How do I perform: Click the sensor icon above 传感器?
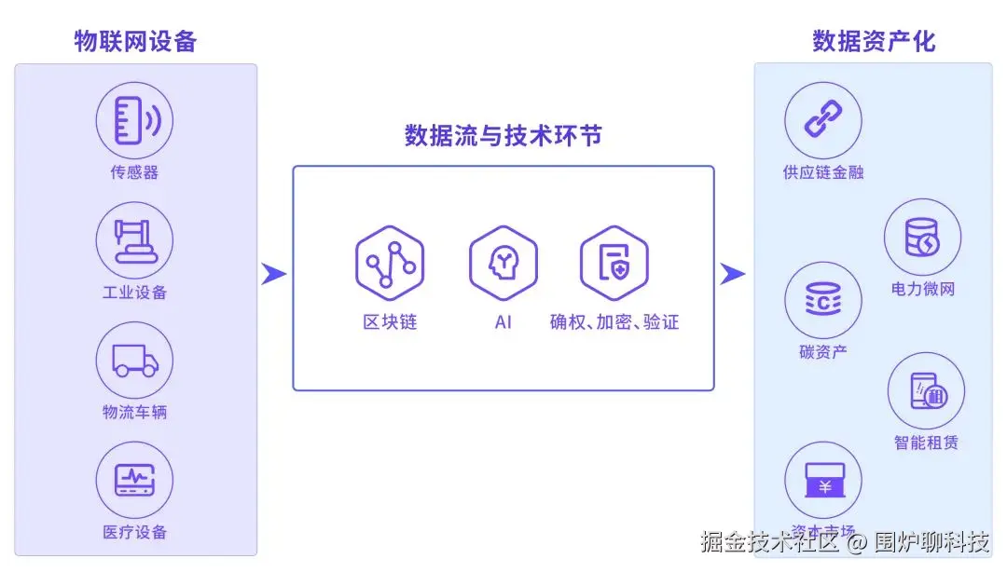[x=134, y=120]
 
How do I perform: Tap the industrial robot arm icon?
[x=134, y=240]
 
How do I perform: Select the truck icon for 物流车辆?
[x=134, y=361]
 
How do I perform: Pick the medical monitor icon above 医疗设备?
[x=134, y=480]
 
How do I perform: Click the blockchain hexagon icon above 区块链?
[x=390, y=262]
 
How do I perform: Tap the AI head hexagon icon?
[x=504, y=262]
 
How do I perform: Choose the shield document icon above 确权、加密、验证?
[x=614, y=262]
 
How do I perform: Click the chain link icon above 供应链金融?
[x=823, y=120]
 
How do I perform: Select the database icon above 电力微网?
[x=922, y=238]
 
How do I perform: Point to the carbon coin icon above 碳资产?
[x=823, y=300]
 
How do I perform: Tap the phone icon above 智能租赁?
[x=926, y=391]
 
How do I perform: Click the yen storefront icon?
[x=823, y=480]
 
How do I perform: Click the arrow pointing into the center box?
[x=273, y=274]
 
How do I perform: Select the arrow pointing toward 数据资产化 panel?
[x=733, y=274]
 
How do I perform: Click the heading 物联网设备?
[x=135, y=42]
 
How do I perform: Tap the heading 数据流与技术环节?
[x=504, y=136]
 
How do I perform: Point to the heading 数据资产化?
[x=874, y=42]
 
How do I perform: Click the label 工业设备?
[x=134, y=293]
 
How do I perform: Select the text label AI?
[x=504, y=323]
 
